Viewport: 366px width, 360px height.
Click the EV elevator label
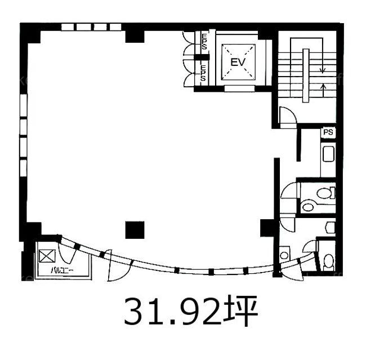coord(238,62)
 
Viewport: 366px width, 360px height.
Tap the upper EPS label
coord(204,41)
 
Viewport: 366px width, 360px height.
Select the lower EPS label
coord(203,73)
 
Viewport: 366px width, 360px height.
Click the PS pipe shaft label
coord(328,132)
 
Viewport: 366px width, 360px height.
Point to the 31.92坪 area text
coord(190,311)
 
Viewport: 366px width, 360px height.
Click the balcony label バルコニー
coord(63,270)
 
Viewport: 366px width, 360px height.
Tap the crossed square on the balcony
coord(47,256)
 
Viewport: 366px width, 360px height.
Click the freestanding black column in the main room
coord(135,230)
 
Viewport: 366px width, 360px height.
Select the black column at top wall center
coord(135,37)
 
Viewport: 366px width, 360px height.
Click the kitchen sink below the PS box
coord(328,154)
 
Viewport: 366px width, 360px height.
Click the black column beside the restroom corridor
coord(267,228)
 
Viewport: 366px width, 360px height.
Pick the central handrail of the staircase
coord(306,75)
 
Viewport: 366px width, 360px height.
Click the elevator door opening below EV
coord(239,88)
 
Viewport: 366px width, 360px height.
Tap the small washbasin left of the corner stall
coord(284,255)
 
